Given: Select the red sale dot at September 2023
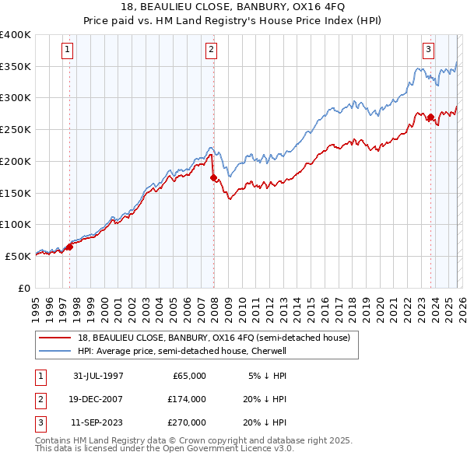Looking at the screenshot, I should (x=430, y=117).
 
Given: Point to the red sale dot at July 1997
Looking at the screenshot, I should (x=70, y=247).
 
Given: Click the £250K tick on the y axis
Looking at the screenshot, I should (x=16, y=129).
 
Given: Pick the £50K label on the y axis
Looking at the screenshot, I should (x=18, y=255).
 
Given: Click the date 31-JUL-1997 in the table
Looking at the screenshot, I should (x=98, y=376).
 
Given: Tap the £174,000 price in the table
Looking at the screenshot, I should (x=187, y=399).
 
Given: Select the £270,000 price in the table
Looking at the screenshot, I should (x=187, y=422).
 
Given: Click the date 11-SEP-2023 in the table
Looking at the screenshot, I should (x=98, y=422).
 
